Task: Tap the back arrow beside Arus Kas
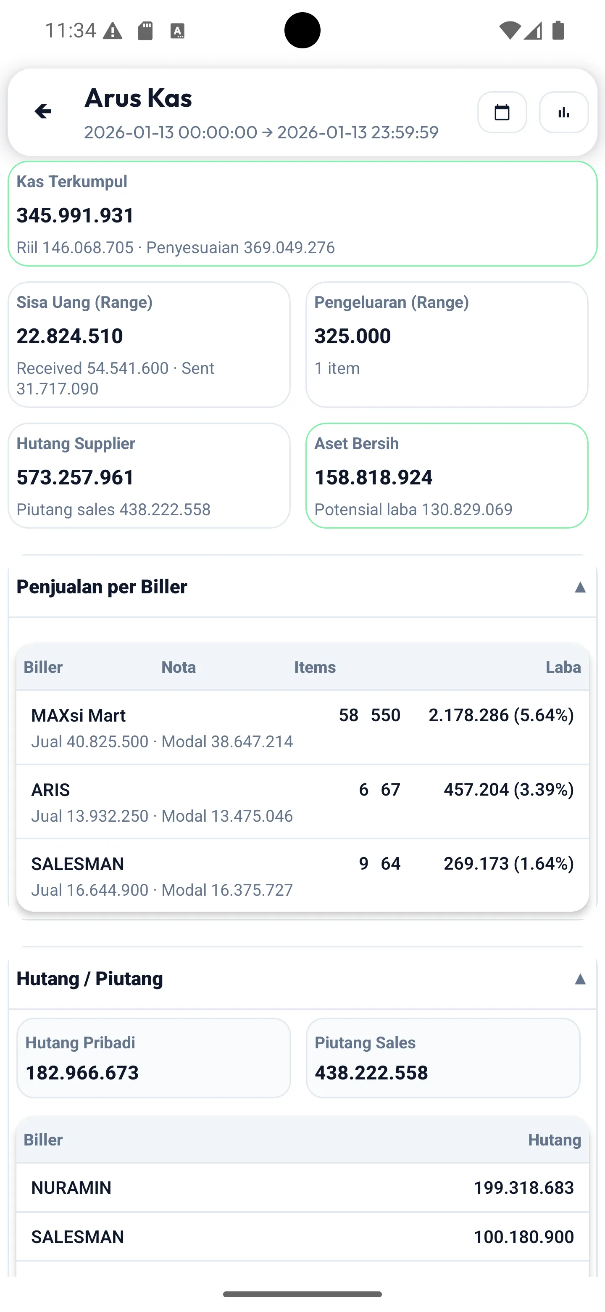(x=43, y=111)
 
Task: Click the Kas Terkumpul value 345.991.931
(x=75, y=215)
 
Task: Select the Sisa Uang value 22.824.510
(x=70, y=336)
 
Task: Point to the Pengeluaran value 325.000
(x=352, y=336)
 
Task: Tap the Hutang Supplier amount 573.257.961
(x=75, y=477)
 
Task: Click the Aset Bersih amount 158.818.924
(x=374, y=477)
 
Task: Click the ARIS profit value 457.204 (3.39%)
(x=508, y=789)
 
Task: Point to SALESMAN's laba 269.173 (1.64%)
(x=508, y=863)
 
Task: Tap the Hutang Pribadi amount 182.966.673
(x=82, y=1073)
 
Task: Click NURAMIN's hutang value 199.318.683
(x=523, y=1188)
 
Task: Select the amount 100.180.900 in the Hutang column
(x=523, y=1237)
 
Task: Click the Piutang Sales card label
(x=365, y=1042)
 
